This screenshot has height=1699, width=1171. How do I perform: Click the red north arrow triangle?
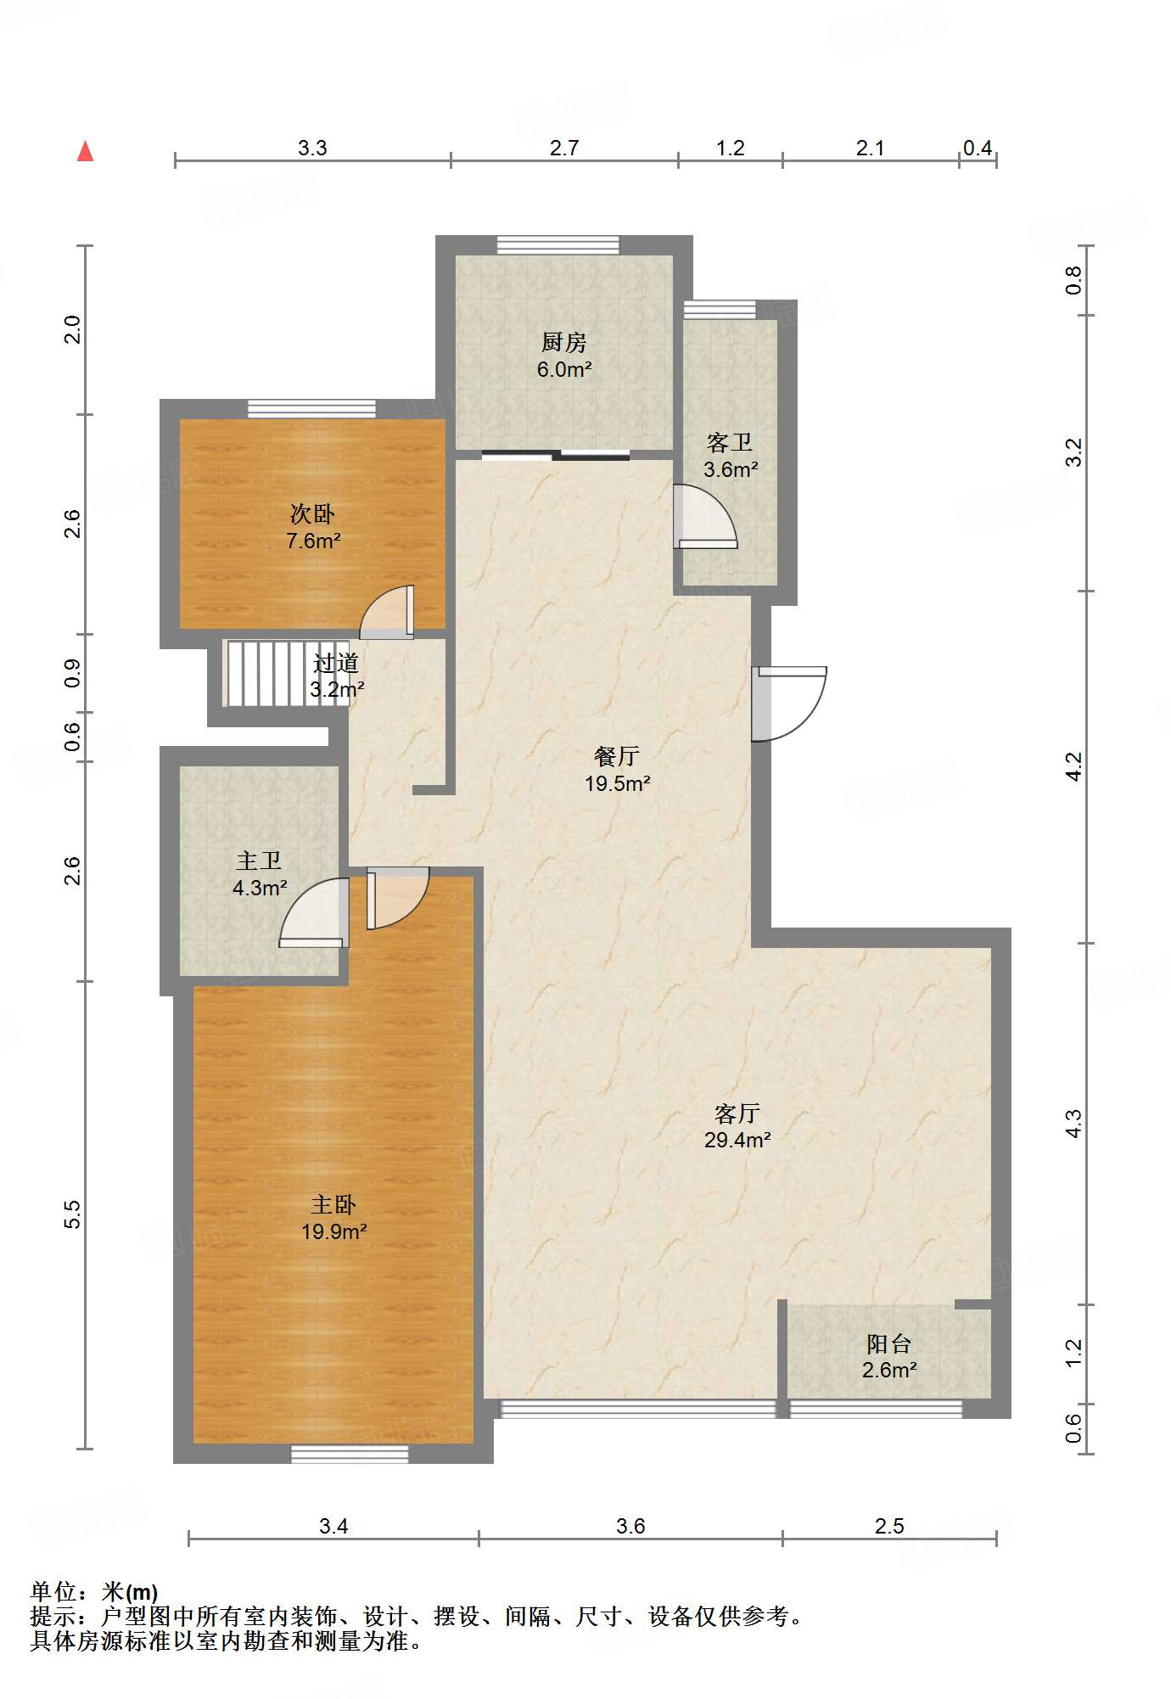[85, 151]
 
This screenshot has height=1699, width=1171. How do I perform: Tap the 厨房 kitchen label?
[564, 343]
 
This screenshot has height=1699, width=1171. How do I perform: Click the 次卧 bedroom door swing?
[387, 612]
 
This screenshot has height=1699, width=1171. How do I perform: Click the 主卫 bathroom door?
[314, 912]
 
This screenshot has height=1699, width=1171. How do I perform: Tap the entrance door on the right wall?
[789, 704]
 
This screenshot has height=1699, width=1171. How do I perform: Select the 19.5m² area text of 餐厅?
[618, 783]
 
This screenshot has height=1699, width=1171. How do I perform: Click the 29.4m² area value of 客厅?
[737, 1140]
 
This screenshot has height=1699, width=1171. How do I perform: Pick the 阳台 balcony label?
[889, 1344]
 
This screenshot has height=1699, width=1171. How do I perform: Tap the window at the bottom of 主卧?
[350, 1454]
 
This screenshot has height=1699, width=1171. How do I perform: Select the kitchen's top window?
[557, 245]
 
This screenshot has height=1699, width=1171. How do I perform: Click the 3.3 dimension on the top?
[312, 149]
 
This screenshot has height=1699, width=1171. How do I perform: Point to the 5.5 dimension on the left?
[73, 1214]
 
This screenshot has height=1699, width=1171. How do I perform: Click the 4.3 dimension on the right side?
[1074, 1124]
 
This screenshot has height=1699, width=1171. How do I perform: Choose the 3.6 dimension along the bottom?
[630, 1527]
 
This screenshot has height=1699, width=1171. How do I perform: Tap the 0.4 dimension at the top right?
[978, 149]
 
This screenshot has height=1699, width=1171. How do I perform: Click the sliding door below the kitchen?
[556, 455]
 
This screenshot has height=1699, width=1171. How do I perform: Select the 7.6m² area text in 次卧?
[313, 541]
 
